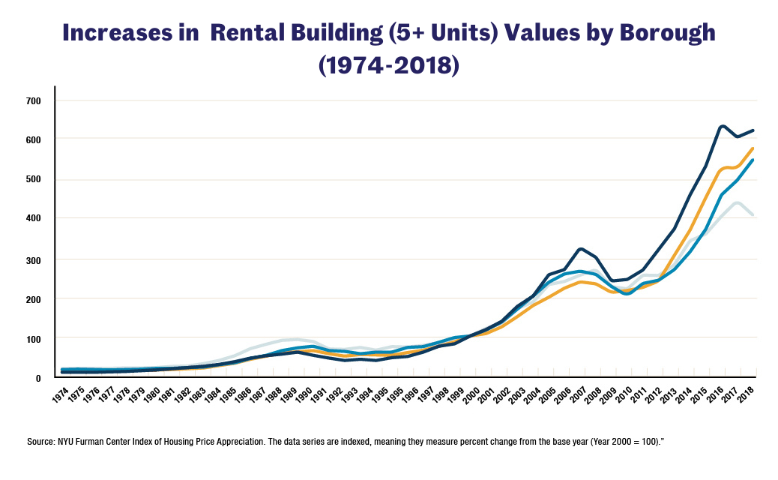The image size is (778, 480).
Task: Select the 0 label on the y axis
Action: [x=37, y=378]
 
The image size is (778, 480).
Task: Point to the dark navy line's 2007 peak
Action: [x=581, y=248]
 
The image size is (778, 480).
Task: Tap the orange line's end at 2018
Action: [x=753, y=148]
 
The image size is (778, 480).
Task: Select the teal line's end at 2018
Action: [x=753, y=160]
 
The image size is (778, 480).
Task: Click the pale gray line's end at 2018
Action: [x=753, y=215]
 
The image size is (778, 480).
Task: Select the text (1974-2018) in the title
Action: [x=388, y=65]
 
